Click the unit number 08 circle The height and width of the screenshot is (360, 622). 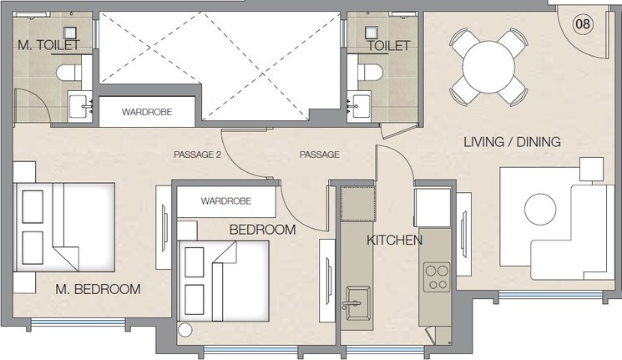(x=583, y=23)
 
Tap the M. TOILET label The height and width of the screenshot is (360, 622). (x=48, y=45)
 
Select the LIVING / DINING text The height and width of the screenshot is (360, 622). (x=512, y=141)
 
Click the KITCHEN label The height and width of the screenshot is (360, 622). (x=394, y=240)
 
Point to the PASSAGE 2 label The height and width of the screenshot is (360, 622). (x=197, y=155)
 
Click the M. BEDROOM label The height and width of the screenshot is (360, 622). (x=98, y=289)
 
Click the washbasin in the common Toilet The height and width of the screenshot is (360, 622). (x=360, y=104)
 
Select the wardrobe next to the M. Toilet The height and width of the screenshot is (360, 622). (x=147, y=111)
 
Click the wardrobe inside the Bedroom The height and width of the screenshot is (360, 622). (x=226, y=201)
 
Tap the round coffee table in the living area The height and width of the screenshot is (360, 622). (x=539, y=209)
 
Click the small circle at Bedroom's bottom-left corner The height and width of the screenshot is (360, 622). (x=185, y=331)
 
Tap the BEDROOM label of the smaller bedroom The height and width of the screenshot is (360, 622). (x=262, y=229)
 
